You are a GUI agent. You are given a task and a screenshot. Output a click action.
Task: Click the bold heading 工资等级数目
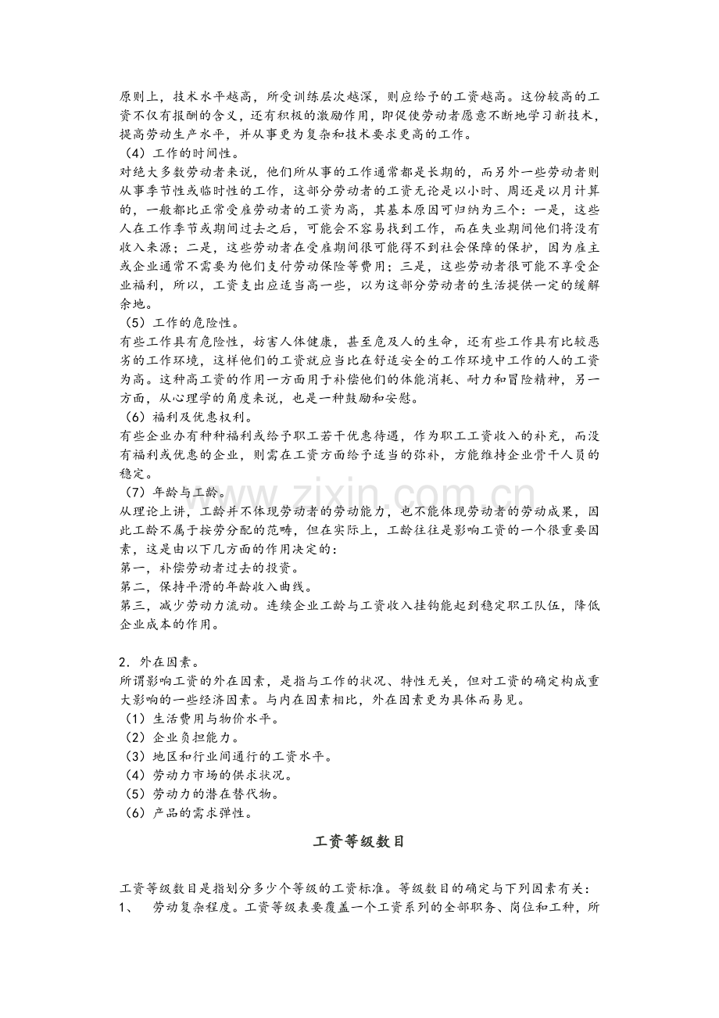tap(359, 842)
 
